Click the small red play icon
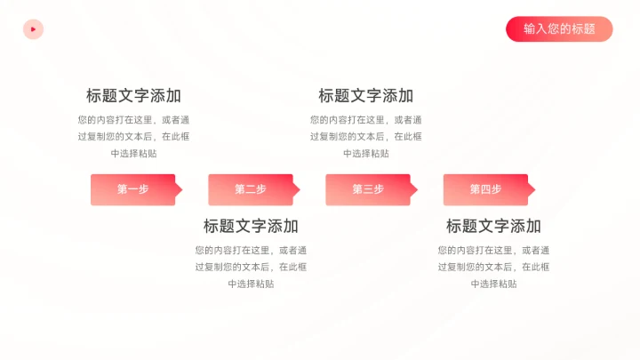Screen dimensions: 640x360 click(33, 29)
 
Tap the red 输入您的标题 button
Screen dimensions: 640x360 click(559, 28)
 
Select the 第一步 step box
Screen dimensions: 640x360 click(132, 189)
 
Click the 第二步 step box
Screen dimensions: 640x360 click(250, 189)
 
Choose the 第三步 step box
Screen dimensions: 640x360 click(367, 189)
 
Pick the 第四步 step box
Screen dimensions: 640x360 click(485, 189)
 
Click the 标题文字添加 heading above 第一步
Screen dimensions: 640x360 click(133, 96)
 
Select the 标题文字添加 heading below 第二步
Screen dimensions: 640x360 click(251, 226)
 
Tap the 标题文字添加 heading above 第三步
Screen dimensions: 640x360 click(366, 96)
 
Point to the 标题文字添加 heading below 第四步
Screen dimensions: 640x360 click(493, 226)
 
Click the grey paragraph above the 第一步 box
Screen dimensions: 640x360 click(133, 136)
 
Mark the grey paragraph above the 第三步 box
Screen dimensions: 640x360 click(366, 136)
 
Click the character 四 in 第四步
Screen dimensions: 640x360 click(485, 189)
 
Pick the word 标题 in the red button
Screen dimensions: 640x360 click(584, 28)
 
